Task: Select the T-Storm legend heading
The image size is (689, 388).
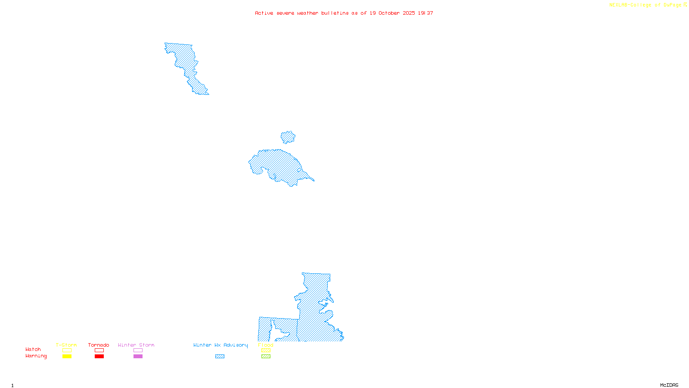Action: [66, 345]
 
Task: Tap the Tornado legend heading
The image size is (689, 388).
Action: [99, 345]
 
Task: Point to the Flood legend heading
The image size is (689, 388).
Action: [266, 345]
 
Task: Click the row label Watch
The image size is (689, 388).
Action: [33, 349]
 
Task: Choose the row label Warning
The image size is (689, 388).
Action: [36, 356]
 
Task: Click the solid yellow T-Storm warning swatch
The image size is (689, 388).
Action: [67, 357]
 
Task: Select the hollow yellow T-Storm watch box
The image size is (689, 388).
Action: [67, 350]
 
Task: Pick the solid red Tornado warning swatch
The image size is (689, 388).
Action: [99, 357]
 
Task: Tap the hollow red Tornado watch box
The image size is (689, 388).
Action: [99, 350]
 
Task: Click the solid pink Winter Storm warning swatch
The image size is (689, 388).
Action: [138, 357]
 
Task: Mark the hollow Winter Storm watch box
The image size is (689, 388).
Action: [138, 350]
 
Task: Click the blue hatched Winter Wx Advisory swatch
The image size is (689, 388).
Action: [220, 357]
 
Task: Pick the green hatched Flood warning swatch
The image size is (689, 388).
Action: [266, 357]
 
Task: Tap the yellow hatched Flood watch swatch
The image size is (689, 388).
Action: [266, 350]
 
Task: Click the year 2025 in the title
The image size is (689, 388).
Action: [409, 13]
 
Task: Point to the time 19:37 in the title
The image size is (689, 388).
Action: [425, 13]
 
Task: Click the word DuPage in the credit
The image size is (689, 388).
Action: [672, 5]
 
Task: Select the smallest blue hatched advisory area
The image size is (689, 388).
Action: [288, 138]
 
